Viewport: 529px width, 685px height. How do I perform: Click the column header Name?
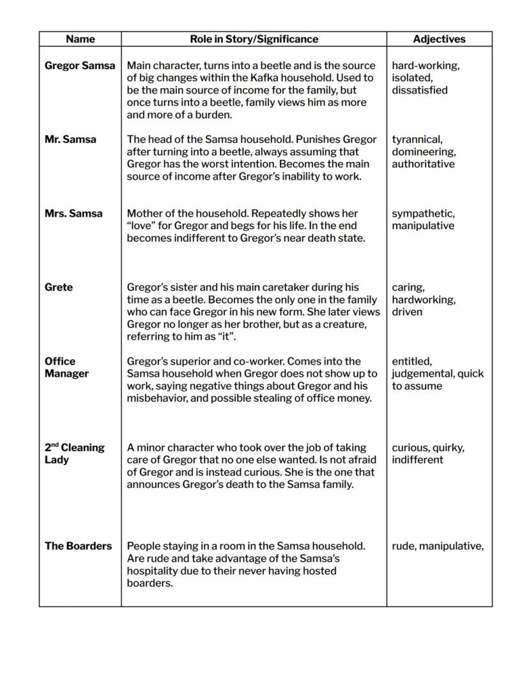pos(80,39)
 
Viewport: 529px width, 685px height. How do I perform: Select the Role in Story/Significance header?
pos(254,39)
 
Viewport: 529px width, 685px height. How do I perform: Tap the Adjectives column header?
pos(439,39)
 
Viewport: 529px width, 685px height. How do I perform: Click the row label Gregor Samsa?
pos(80,65)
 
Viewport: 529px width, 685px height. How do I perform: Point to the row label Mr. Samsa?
pos(70,139)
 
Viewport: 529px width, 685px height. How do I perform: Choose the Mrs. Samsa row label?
pos(73,214)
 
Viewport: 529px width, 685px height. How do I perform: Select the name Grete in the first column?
pos(59,287)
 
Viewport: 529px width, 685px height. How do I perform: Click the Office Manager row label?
pos(66,367)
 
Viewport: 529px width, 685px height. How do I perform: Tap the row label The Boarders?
pos(78,546)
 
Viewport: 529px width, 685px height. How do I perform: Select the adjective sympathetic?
pos(423,214)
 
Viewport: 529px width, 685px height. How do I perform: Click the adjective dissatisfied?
pos(419,90)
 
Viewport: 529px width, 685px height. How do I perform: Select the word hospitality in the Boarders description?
pos(157,571)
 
